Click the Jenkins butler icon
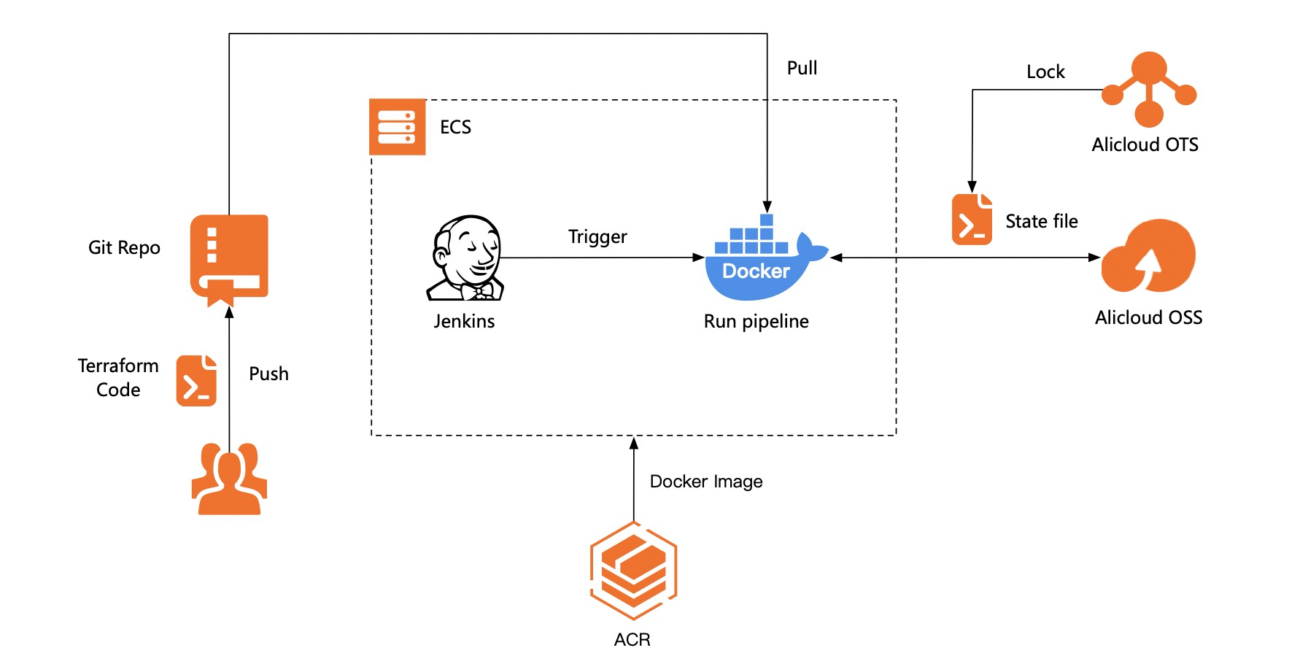[465, 258]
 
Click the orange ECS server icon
[397, 127]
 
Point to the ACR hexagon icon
[633, 571]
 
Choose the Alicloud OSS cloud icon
[1148, 256]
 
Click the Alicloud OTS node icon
[1149, 89]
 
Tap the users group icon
[229, 479]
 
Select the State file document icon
[972, 219]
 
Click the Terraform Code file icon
[196, 381]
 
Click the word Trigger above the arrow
[597, 237]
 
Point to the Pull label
[802, 68]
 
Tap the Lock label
[1045, 72]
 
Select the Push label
[268, 374]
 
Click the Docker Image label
[706, 482]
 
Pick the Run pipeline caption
[756, 322]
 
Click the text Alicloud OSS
[1148, 317]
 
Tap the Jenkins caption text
[464, 321]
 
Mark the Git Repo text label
[124, 248]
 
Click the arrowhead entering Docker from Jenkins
[698, 258]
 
